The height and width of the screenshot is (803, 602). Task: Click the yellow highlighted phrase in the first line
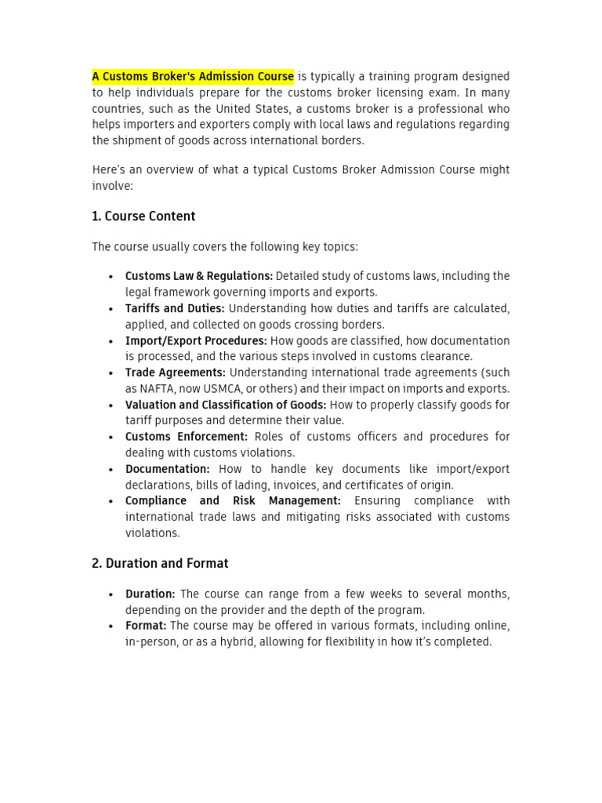pos(193,76)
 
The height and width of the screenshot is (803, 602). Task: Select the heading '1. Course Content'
pos(143,216)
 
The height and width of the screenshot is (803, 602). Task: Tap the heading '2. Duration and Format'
pos(160,563)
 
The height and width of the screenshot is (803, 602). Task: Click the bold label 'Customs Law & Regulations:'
pos(199,276)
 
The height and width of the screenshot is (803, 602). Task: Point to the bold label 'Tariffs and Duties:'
pos(175,308)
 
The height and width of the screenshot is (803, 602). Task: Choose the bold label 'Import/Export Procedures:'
pos(196,340)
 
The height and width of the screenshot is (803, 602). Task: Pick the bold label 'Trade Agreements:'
pos(176,372)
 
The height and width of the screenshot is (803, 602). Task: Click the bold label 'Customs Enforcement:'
pos(187,437)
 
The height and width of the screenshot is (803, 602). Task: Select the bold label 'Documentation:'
pos(168,469)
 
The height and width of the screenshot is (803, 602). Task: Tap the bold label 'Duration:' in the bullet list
pos(150,594)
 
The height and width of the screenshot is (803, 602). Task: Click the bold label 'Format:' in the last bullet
pos(146,626)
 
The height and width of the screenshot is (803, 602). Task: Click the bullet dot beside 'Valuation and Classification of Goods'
pos(111,405)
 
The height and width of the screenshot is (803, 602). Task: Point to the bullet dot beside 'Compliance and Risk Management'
pos(111,501)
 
